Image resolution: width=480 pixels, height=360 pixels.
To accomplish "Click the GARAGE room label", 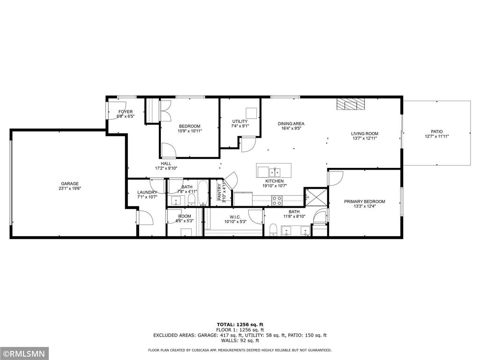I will click(69, 184).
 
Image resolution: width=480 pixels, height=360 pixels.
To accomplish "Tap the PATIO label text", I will click(436, 132).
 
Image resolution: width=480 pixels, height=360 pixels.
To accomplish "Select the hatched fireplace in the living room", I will click(350, 105).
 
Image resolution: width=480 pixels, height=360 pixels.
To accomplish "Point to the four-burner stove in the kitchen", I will click(277, 201).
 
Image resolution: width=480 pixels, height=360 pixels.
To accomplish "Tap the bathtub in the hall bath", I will click(202, 194).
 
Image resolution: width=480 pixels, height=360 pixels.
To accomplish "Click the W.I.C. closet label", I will click(235, 217).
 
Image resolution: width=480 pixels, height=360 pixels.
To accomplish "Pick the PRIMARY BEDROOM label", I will click(364, 202).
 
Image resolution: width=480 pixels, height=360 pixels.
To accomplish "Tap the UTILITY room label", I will click(240, 121).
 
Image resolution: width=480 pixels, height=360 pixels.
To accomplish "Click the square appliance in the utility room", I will click(252, 112).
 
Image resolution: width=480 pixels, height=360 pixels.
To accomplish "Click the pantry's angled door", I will click(232, 179).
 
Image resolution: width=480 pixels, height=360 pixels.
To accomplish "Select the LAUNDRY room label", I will click(147, 192).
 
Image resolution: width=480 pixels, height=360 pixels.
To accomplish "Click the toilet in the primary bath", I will click(273, 229).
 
